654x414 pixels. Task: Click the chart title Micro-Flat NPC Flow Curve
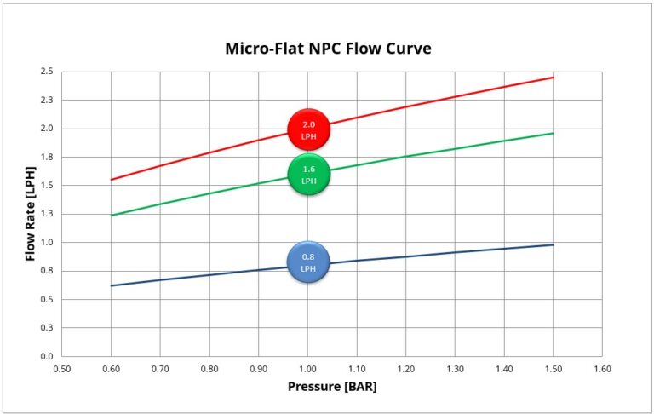pyautogui.click(x=328, y=49)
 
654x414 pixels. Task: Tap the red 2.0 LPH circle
pyautogui.click(x=308, y=129)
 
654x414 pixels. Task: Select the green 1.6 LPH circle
pyautogui.click(x=308, y=175)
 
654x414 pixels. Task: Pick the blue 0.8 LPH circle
pyautogui.click(x=308, y=262)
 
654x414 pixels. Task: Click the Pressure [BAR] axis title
pyautogui.click(x=332, y=386)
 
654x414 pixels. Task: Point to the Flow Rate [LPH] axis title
pyautogui.click(x=31, y=214)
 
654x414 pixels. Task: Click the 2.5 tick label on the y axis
pyautogui.click(x=46, y=72)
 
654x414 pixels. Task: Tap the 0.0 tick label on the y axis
pyautogui.click(x=46, y=356)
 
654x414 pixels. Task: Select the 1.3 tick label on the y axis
pyautogui.click(x=46, y=214)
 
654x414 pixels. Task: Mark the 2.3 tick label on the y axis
pyautogui.click(x=46, y=100)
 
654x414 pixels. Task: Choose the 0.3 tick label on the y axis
pyautogui.click(x=46, y=328)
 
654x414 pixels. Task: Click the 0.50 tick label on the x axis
pyautogui.click(x=62, y=369)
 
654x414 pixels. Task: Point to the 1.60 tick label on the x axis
pyautogui.click(x=602, y=369)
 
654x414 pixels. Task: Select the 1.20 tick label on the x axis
pyautogui.click(x=405, y=369)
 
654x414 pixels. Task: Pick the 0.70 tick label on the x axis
pyautogui.click(x=160, y=369)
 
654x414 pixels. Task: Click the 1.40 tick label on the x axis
pyautogui.click(x=504, y=369)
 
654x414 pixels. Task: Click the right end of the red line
pyautogui.click(x=554, y=78)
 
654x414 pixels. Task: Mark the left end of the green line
pyautogui.click(x=112, y=216)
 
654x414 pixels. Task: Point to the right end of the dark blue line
pyautogui.click(x=554, y=244)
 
